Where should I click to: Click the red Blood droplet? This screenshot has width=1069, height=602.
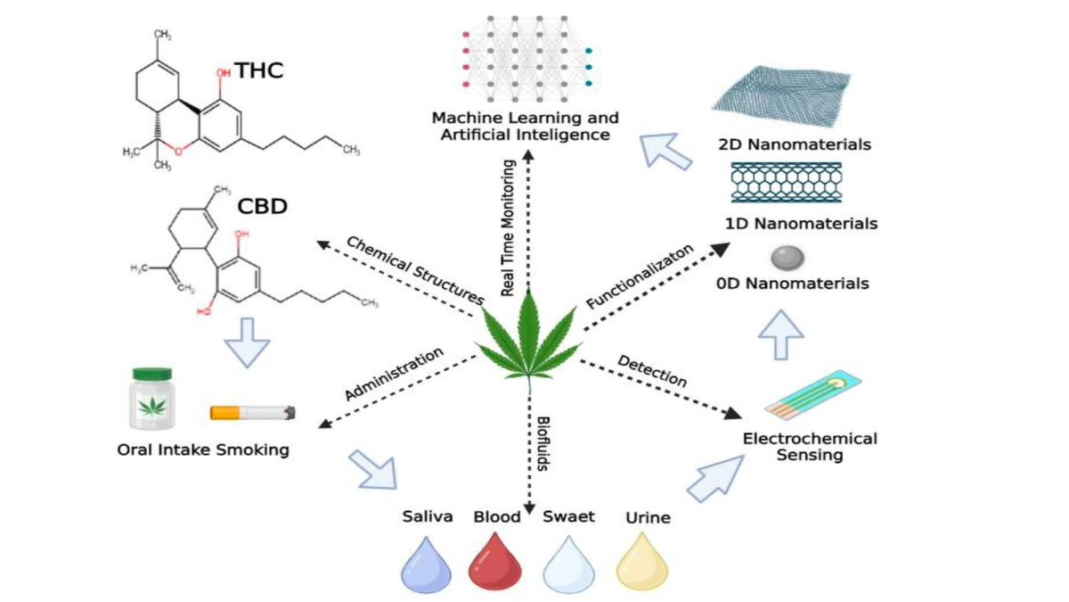pos(494,562)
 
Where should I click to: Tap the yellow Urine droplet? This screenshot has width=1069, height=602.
pos(642,562)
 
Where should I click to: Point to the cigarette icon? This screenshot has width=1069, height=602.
pos(252,413)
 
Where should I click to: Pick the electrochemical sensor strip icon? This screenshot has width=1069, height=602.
pos(812,398)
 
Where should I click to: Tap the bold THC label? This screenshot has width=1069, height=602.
pos(258,70)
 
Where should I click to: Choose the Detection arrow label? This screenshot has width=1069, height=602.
pos(652,371)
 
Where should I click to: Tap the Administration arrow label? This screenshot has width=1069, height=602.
pos(393,373)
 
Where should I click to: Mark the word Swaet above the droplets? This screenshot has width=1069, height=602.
pos(568,516)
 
